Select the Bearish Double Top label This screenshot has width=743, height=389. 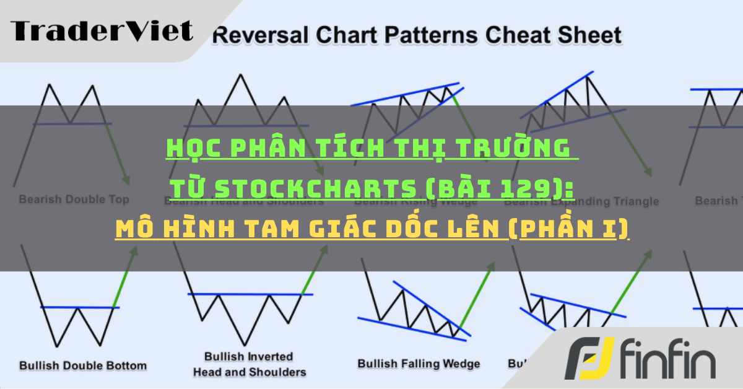pos(74,199)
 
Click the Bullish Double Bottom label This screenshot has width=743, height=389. pos(83,365)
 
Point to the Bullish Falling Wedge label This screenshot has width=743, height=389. pos(419,364)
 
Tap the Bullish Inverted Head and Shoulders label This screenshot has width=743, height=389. pos(250,364)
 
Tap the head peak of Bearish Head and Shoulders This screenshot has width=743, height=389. pos(238,76)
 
